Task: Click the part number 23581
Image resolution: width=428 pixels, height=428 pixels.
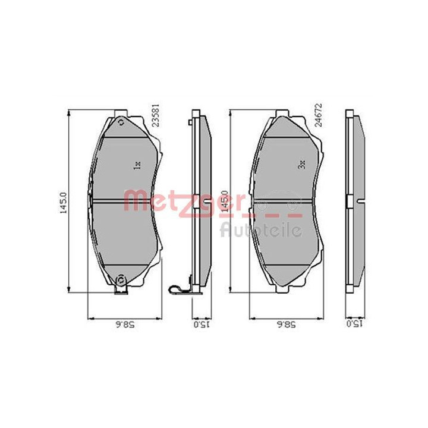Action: pyautogui.click(x=156, y=115)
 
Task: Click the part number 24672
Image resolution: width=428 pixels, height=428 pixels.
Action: pyautogui.click(x=318, y=115)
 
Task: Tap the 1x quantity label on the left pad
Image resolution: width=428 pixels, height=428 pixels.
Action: pyautogui.click(x=137, y=165)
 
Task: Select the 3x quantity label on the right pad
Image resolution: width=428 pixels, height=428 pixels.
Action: pyautogui.click(x=302, y=165)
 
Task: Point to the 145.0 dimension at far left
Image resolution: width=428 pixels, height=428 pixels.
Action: pyautogui.click(x=63, y=203)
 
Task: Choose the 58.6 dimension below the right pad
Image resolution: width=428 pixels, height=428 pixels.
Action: pyautogui.click(x=287, y=325)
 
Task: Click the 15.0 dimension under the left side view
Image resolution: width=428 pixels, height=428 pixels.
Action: pyautogui.click(x=202, y=325)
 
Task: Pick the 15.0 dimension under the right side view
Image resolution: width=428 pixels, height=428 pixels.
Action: pyautogui.click(x=354, y=324)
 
